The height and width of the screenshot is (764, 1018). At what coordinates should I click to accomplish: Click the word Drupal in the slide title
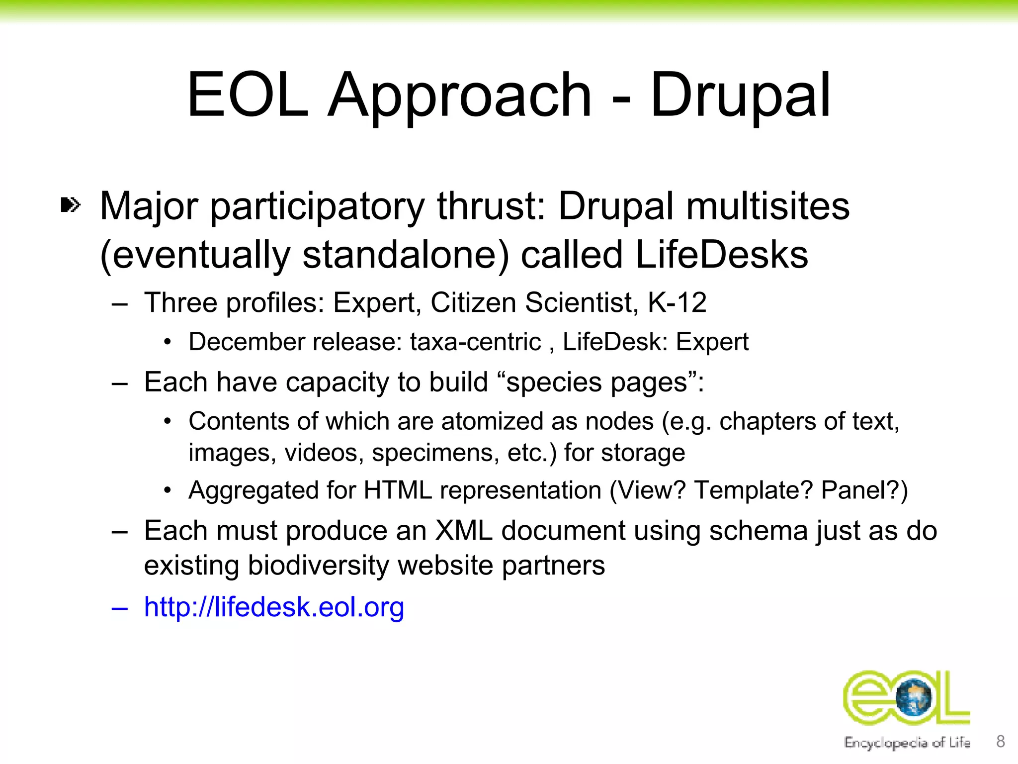tap(740, 95)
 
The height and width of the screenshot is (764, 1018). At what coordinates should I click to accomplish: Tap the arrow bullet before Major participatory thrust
tap(70, 205)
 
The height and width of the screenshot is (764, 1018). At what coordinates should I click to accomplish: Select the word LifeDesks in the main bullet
tap(722, 255)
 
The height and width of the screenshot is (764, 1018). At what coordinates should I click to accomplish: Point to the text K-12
tap(677, 302)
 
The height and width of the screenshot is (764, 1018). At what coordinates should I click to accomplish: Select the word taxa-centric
tap(475, 342)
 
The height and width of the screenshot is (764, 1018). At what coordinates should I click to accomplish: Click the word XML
tap(463, 531)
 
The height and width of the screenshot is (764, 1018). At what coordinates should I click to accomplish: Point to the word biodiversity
tap(319, 566)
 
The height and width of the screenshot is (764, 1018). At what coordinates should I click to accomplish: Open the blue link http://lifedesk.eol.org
tap(274, 607)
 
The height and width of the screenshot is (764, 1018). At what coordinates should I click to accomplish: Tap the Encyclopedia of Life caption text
tap(907, 743)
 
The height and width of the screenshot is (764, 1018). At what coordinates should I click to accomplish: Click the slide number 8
tap(1001, 741)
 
